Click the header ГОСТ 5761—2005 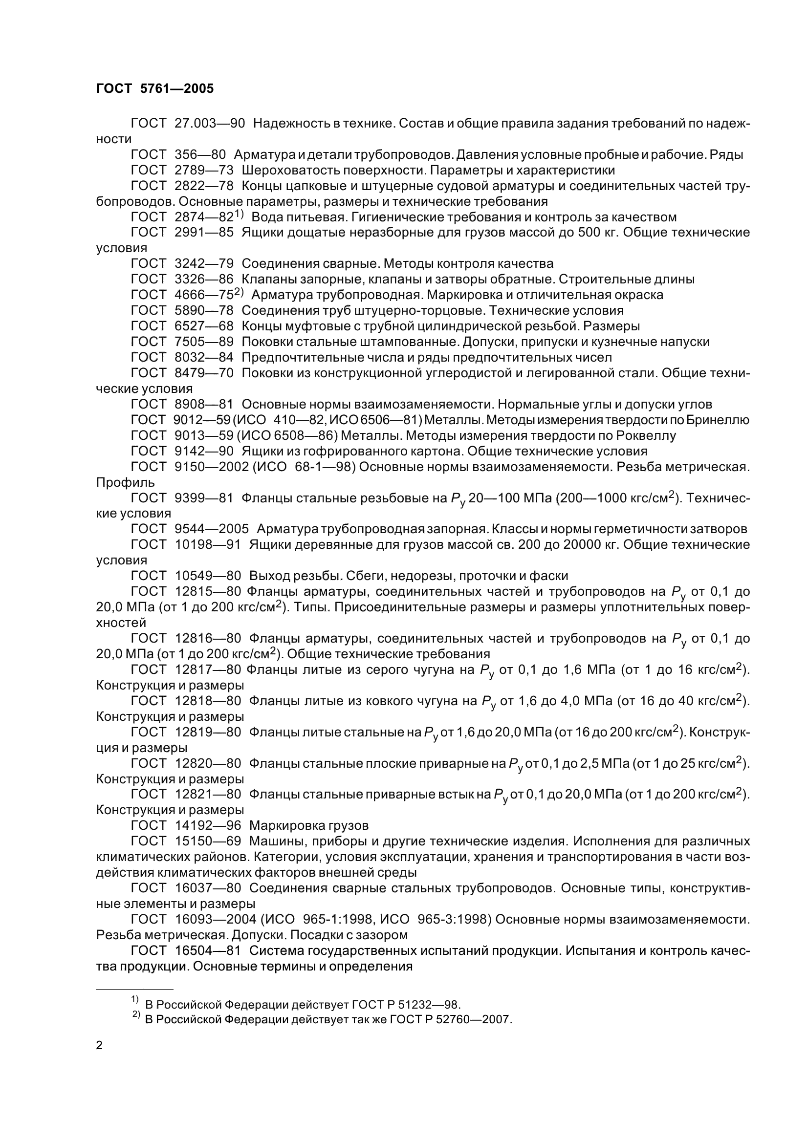155,88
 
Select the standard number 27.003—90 210,124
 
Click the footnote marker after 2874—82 239,214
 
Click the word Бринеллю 718,420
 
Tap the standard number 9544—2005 212,529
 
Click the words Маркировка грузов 308,825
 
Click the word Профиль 125,482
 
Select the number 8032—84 204,357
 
